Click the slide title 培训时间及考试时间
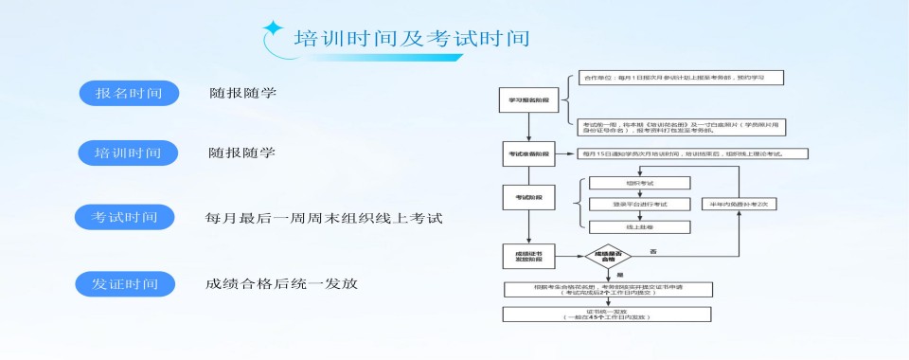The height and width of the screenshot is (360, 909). [411, 39]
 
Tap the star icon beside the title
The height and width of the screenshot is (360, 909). [274, 29]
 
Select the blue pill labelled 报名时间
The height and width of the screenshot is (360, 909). [129, 93]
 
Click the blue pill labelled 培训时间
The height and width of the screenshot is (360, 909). [128, 152]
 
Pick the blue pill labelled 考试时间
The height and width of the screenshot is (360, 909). [125, 217]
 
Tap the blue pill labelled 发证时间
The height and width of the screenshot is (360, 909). [125, 283]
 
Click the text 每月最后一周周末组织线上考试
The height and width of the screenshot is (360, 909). [324, 218]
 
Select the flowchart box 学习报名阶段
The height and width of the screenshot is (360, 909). [528, 99]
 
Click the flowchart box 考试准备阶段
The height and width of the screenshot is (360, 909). [528, 153]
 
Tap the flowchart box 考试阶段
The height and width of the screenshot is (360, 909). [528, 197]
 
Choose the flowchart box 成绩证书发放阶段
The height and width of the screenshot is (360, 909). [528, 256]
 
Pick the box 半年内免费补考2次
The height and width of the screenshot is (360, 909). [738, 204]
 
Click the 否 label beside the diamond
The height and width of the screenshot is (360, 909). [653, 250]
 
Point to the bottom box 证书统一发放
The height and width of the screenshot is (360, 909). [607, 314]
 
